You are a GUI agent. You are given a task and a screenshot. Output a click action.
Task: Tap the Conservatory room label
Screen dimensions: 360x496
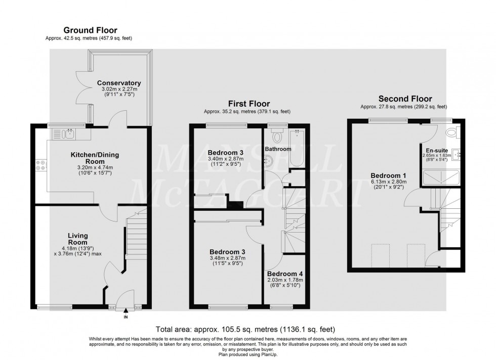pyautogui.click(x=119, y=83)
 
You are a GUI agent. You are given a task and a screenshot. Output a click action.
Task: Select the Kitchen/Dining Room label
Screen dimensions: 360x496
pyautogui.click(x=91, y=157)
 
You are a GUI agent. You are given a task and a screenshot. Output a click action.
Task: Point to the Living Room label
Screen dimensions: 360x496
pyautogui.click(x=78, y=239)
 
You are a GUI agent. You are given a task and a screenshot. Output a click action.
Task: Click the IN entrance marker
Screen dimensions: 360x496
pyautogui.click(x=126, y=318)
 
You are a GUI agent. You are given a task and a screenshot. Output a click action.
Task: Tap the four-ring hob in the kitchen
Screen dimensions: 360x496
pyautogui.click(x=40, y=165)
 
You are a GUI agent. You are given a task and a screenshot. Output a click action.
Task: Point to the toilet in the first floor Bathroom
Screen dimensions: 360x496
pyautogui.click(x=277, y=136)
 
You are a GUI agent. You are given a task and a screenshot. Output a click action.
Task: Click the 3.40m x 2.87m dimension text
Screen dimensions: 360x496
pyautogui.click(x=226, y=159)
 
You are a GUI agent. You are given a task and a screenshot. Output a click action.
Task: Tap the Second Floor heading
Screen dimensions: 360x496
pyautogui.click(x=405, y=99)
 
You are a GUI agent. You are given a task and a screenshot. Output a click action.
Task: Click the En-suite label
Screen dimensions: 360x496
pyautogui.click(x=436, y=150)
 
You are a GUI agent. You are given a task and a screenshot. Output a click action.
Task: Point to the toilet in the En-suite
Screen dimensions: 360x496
pyautogui.click(x=452, y=132)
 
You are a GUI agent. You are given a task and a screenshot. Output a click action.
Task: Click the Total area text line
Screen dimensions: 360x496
pyautogui.click(x=247, y=328)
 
